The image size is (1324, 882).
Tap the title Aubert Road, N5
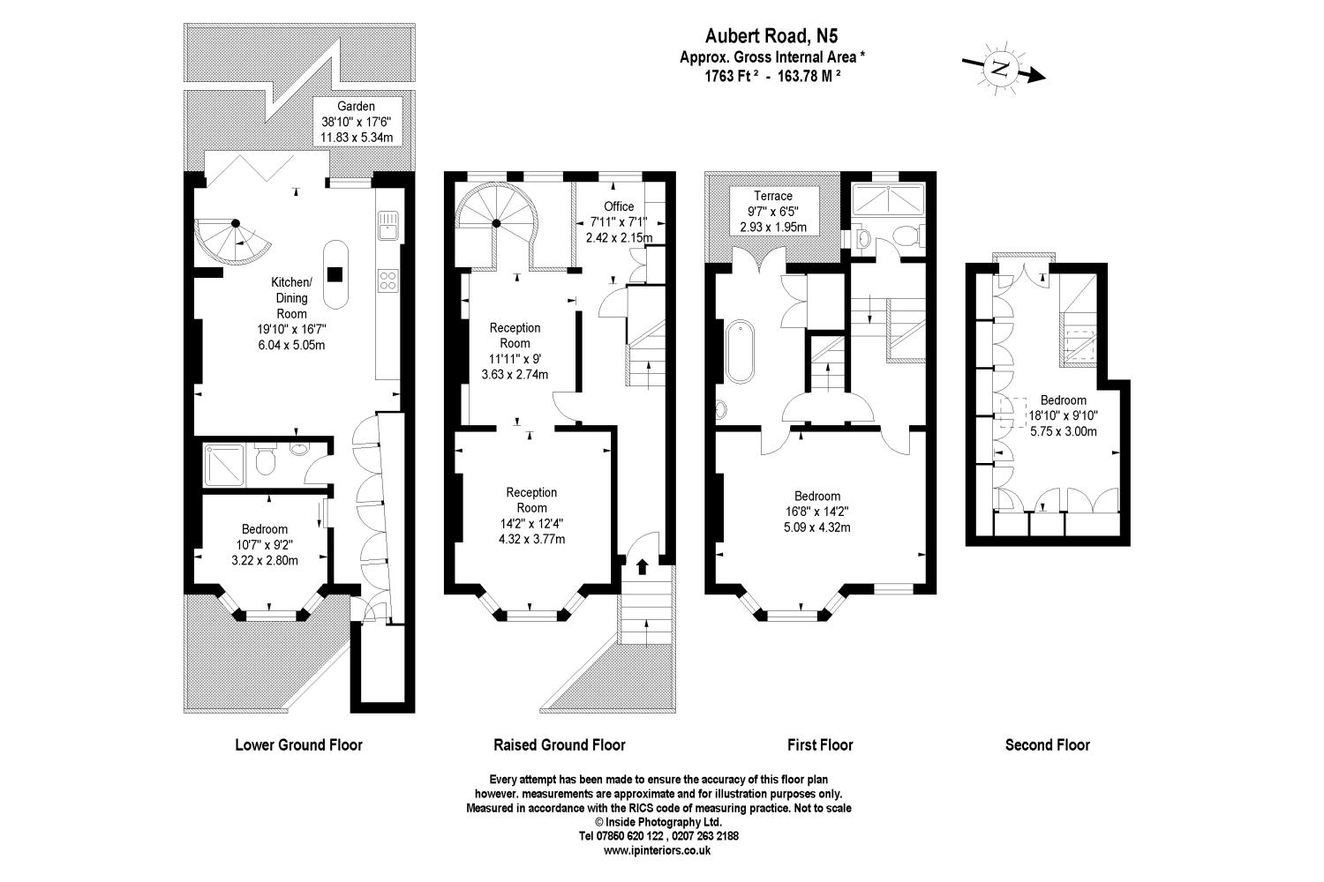[x=771, y=36]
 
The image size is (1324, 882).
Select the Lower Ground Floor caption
[x=298, y=744]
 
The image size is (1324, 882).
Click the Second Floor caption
[x=1047, y=744]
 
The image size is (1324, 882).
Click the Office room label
[x=619, y=206]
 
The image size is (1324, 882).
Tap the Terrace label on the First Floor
[x=772, y=196]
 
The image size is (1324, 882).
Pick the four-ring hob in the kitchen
[x=387, y=280]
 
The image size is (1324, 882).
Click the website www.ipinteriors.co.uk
[x=658, y=851]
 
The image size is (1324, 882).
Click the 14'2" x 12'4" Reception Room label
[x=531, y=516]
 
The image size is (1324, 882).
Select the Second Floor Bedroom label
[x=1063, y=400]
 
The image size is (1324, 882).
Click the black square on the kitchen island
[x=335, y=273]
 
